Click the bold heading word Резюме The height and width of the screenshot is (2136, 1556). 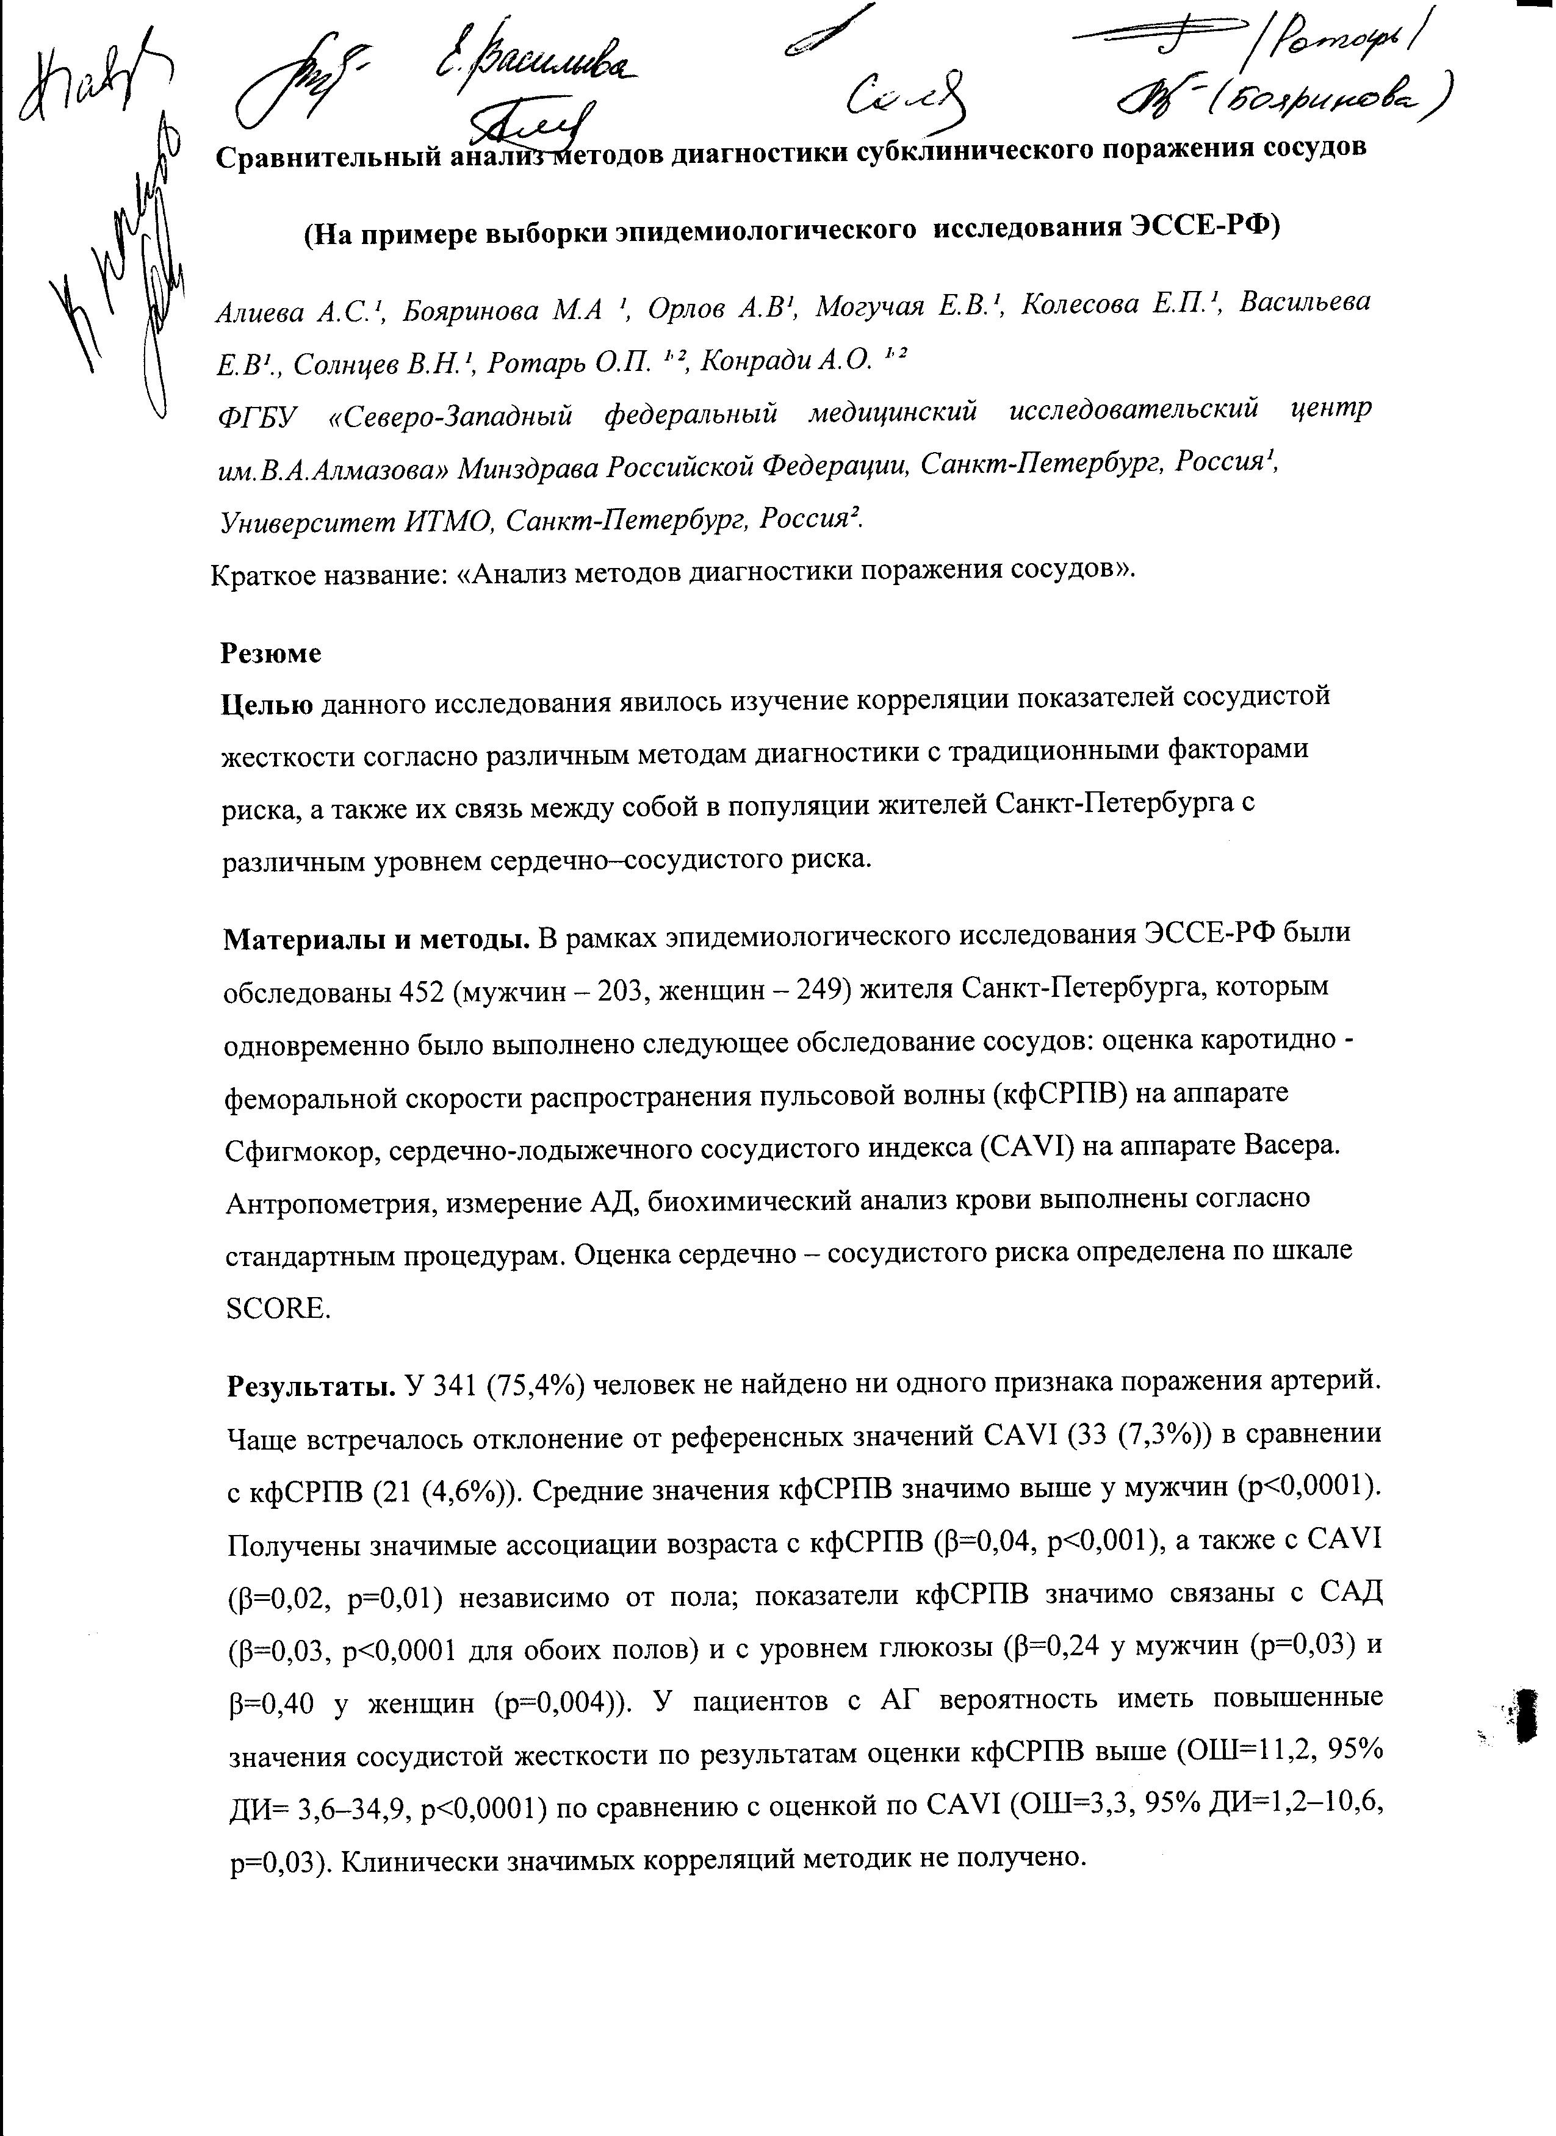click(x=272, y=653)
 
